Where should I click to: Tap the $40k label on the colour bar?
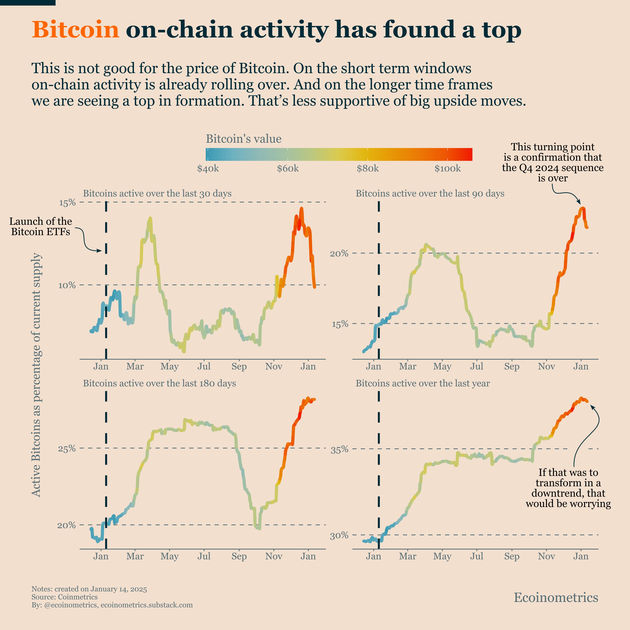tap(208, 169)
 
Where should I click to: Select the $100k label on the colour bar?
tap(447, 169)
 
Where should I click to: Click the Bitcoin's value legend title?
tap(244, 139)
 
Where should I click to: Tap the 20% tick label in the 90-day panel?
tap(339, 253)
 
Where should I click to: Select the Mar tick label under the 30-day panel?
tap(135, 366)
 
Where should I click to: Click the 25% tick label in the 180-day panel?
tap(67, 448)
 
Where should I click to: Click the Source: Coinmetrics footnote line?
tap(65, 597)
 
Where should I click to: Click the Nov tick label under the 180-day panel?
tap(274, 556)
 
